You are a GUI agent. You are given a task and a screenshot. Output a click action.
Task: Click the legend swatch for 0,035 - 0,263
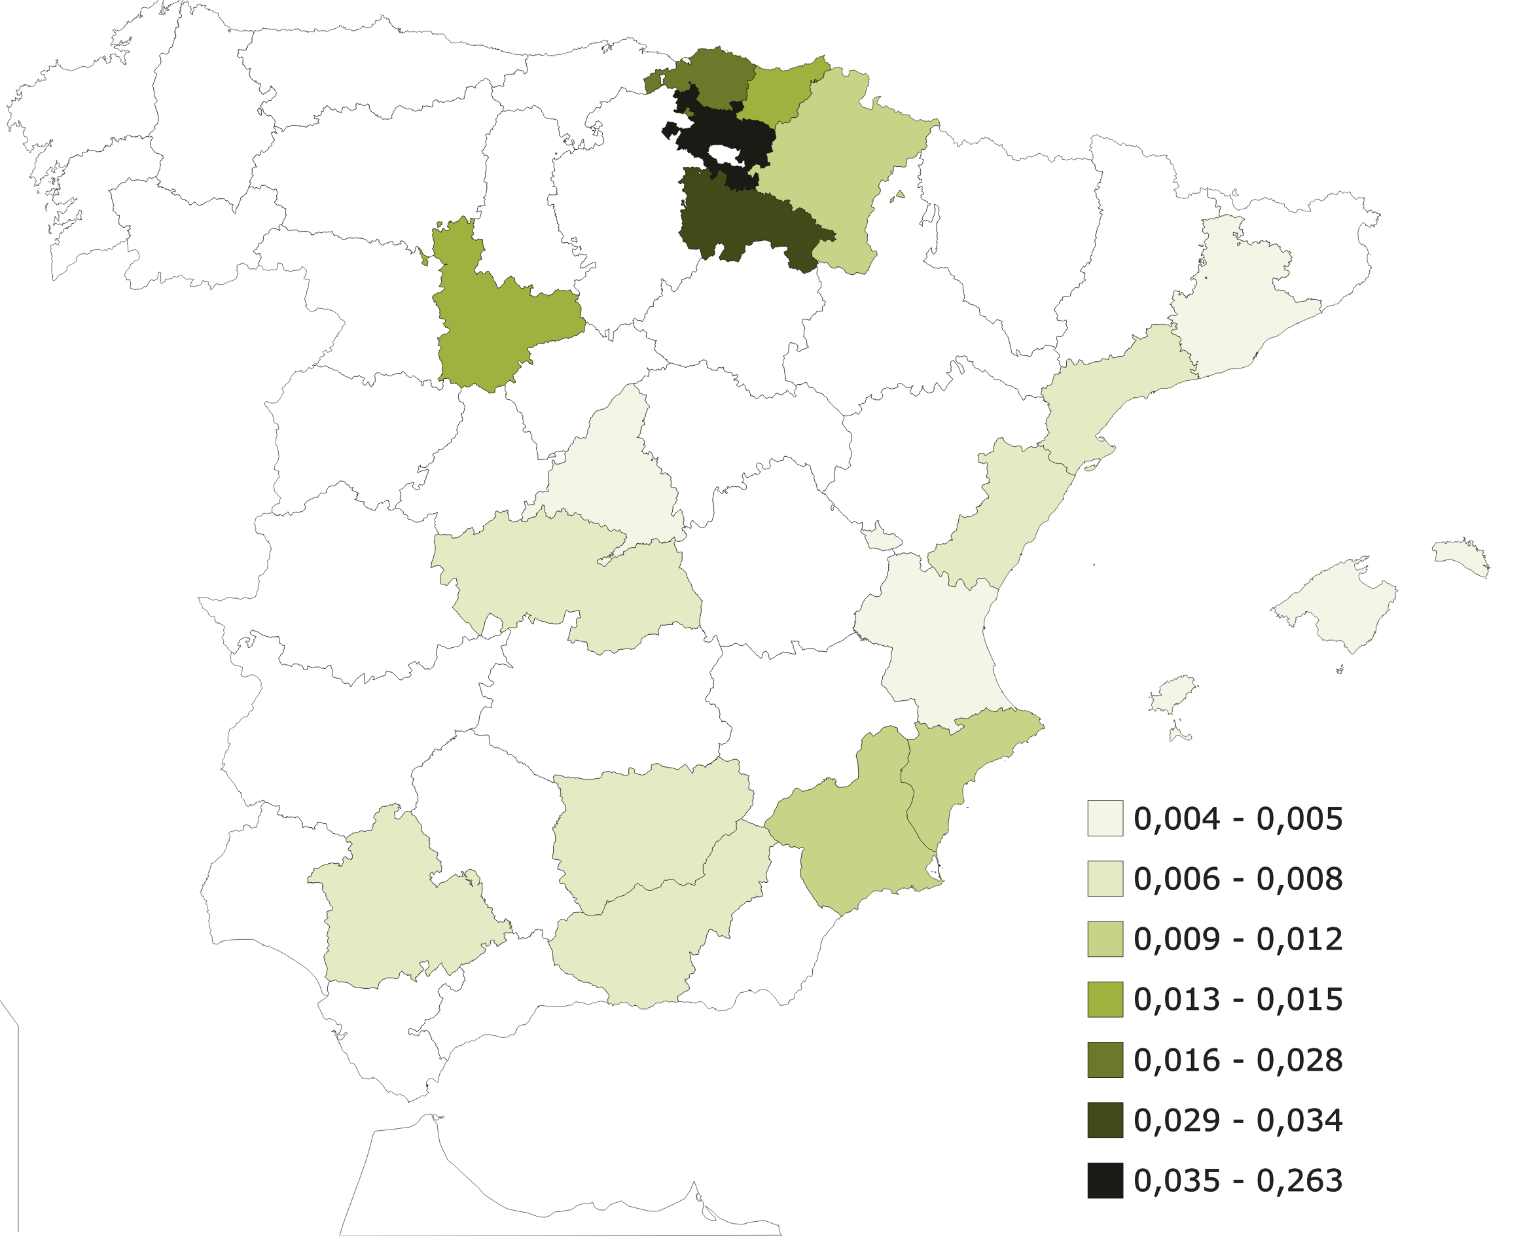pyautogui.click(x=1105, y=1180)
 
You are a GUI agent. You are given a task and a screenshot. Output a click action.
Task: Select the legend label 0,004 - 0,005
pyautogui.click(x=1238, y=819)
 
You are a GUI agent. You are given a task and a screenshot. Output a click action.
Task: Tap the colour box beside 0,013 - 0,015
pyautogui.click(x=1105, y=999)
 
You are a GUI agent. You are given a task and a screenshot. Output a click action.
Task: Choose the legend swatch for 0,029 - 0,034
pyautogui.click(x=1105, y=1120)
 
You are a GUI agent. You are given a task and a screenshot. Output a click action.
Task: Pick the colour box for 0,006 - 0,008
pyautogui.click(x=1105, y=878)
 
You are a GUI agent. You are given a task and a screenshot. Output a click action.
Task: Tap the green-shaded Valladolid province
pyautogui.click(x=496, y=316)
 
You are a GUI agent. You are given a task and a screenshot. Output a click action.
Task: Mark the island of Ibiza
pyautogui.click(x=1172, y=694)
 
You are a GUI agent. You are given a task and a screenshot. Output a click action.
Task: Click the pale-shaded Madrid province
pyautogui.click(x=611, y=474)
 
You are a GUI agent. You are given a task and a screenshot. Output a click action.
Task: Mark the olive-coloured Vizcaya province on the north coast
pyautogui.click(x=712, y=79)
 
